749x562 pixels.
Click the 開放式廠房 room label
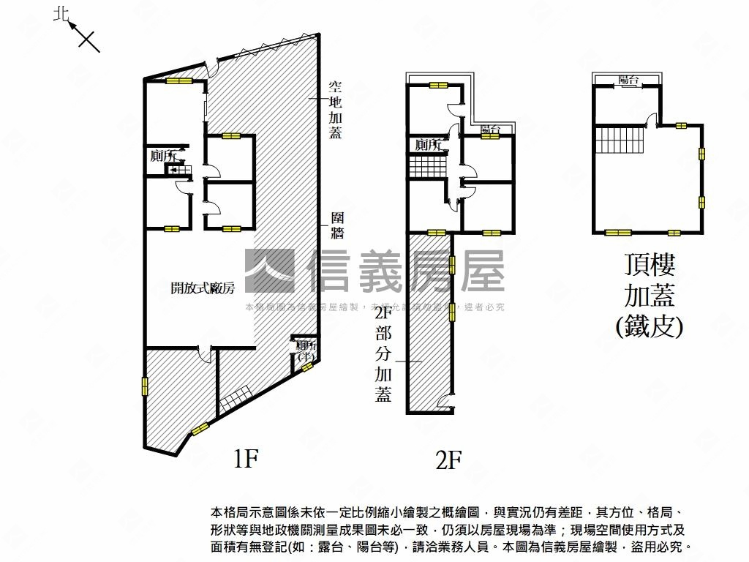pyautogui.click(x=202, y=288)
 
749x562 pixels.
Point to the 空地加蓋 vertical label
pyautogui.click(x=335, y=109)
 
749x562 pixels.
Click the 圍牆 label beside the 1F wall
pyautogui.click(x=337, y=225)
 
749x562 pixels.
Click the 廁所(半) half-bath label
pyautogui.click(x=305, y=351)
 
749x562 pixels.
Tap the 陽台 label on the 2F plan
pyautogui.click(x=491, y=130)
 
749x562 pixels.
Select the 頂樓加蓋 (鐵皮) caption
pyautogui.click(x=650, y=294)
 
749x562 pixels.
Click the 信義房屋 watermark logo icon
pyautogui.click(x=269, y=271)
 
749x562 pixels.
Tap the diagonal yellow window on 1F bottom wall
pyautogui.click(x=200, y=428)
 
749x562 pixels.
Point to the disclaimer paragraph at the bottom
pyautogui.click(x=450, y=528)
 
